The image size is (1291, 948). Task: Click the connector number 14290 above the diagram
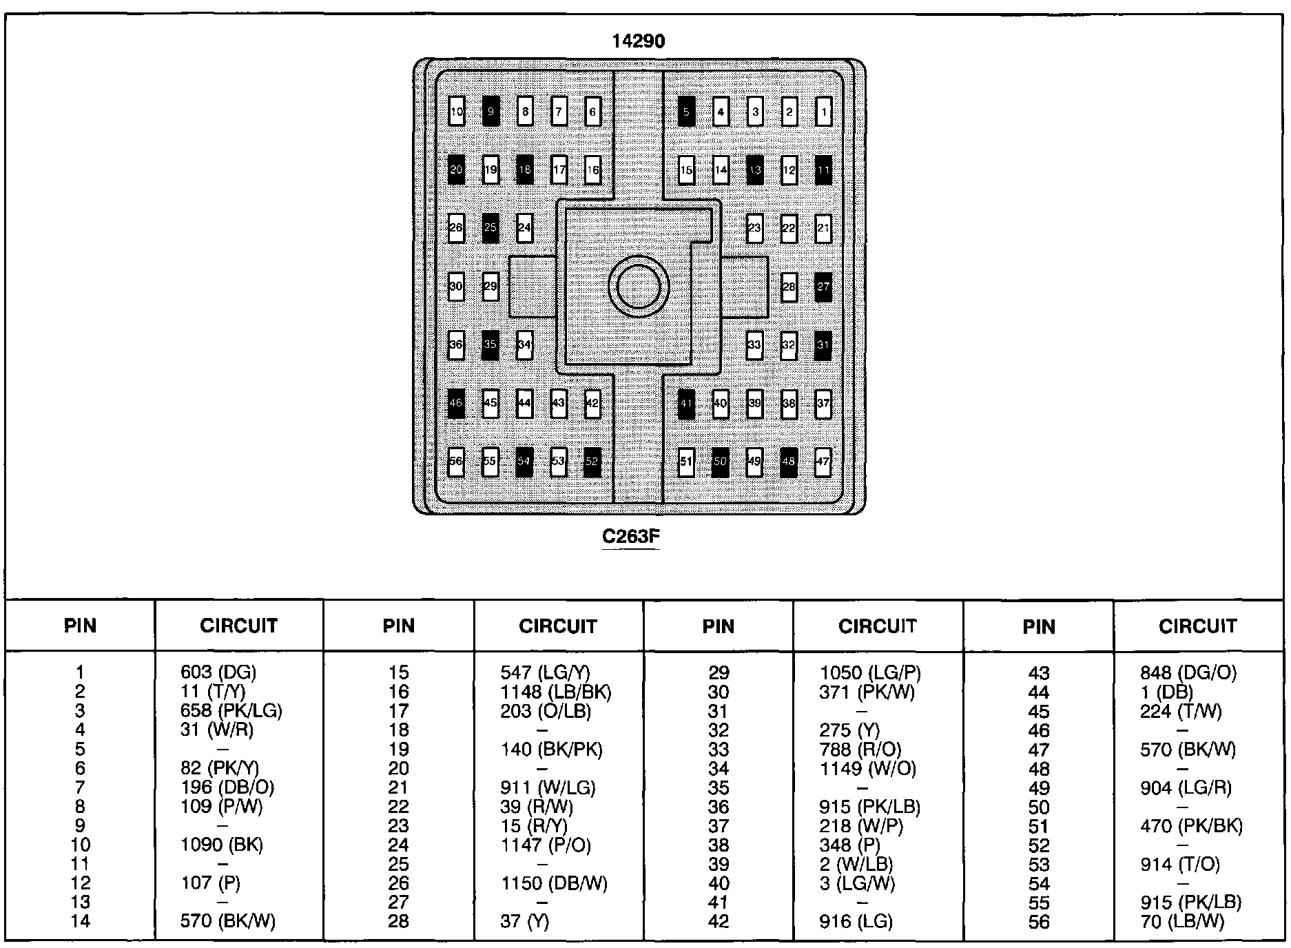[x=639, y=41]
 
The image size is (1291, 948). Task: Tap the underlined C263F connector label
[x=631, y=536]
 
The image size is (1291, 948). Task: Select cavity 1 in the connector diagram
[x=823, y=112]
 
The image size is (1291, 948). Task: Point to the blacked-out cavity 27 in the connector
[x=823, y=287]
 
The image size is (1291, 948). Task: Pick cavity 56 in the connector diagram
[x=456, y=462]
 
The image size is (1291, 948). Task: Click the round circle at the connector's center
[x=639, y=287]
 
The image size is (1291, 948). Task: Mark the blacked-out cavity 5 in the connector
[x=686, y=112]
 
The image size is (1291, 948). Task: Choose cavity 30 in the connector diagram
[x=456, y=287]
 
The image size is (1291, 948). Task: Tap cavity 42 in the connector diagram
[x=592, y=404]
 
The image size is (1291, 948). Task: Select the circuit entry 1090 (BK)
[x=222, y=845]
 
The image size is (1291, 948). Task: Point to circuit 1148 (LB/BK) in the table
[x=556, y=692]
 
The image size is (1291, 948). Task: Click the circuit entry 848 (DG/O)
[x=1188, y=672]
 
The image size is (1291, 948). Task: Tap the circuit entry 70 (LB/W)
[x=1182, y=922]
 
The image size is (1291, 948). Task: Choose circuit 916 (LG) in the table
[x=856, y=922]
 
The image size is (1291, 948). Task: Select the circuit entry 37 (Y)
[x=525, y=922]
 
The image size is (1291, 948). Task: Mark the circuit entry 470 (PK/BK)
[x=1191, y=826]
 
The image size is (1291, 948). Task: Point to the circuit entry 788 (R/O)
[x=860, y=750]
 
